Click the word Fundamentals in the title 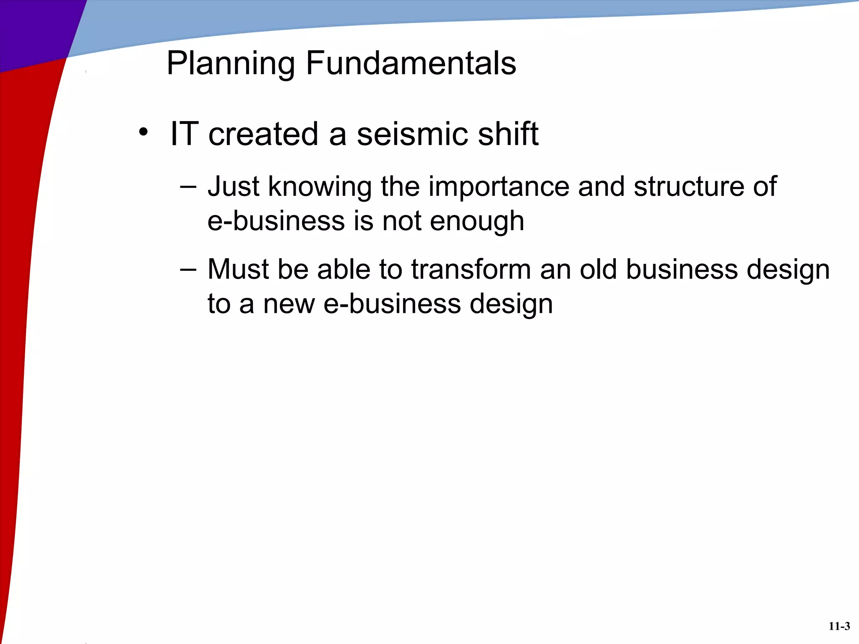coord(411,63)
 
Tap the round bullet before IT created coord(143,132)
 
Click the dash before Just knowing coord(187,187)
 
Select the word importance coord(499,187)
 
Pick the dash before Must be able coord(187,270)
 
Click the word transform coord(471,270)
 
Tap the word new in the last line coord(289,304)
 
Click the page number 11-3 coord(839,626)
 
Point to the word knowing coord(320,187)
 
